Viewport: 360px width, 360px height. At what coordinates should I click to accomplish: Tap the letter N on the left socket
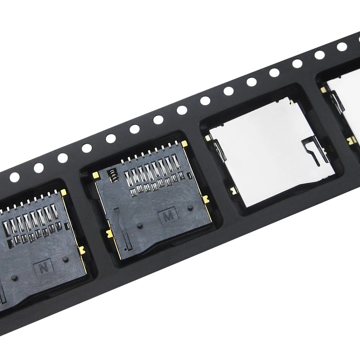coord(42,268)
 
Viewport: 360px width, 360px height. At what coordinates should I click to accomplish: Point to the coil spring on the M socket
coord(112,175)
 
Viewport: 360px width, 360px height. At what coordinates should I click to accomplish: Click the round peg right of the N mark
coord(65,260)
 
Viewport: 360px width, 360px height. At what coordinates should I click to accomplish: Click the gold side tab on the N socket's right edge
coord(82,249)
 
